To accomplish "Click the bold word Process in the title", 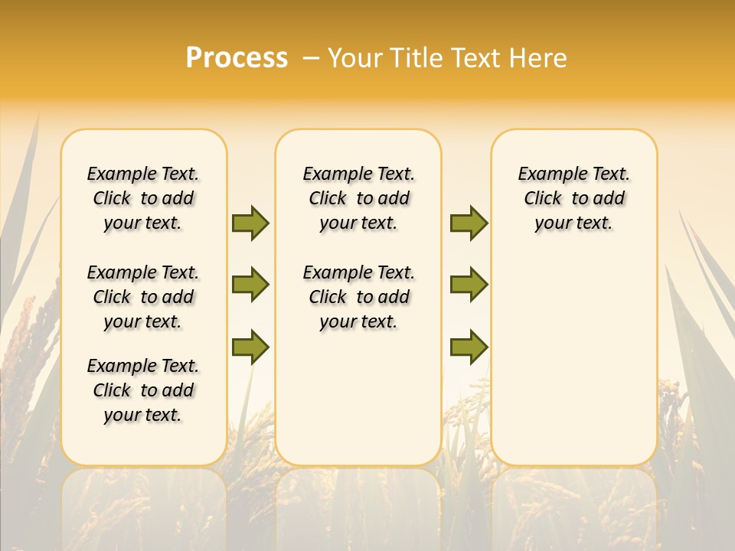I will click(x=237, y=58).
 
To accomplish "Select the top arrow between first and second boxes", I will click(x=250, y=223).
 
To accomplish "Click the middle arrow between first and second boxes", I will click(x=250, y=285).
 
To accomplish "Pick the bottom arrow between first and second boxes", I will click(x=250, y=347).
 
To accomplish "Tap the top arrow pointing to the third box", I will click(x=469, y=223).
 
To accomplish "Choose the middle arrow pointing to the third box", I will click(x=469, y=285).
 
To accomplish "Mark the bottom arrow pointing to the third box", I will click(x=469, y=347).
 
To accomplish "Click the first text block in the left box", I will click(x=143, y=198).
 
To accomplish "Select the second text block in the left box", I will click(x=143, y=297).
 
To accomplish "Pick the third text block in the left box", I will click(x=143, y=390).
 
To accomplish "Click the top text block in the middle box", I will click(x=358, y=198).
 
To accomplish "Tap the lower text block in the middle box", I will click(x=358, y=297).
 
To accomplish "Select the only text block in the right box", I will click(x=573, y=198).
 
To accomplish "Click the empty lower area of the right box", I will click(x=573, y=367).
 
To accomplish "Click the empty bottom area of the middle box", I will click(x=358, y=406).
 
